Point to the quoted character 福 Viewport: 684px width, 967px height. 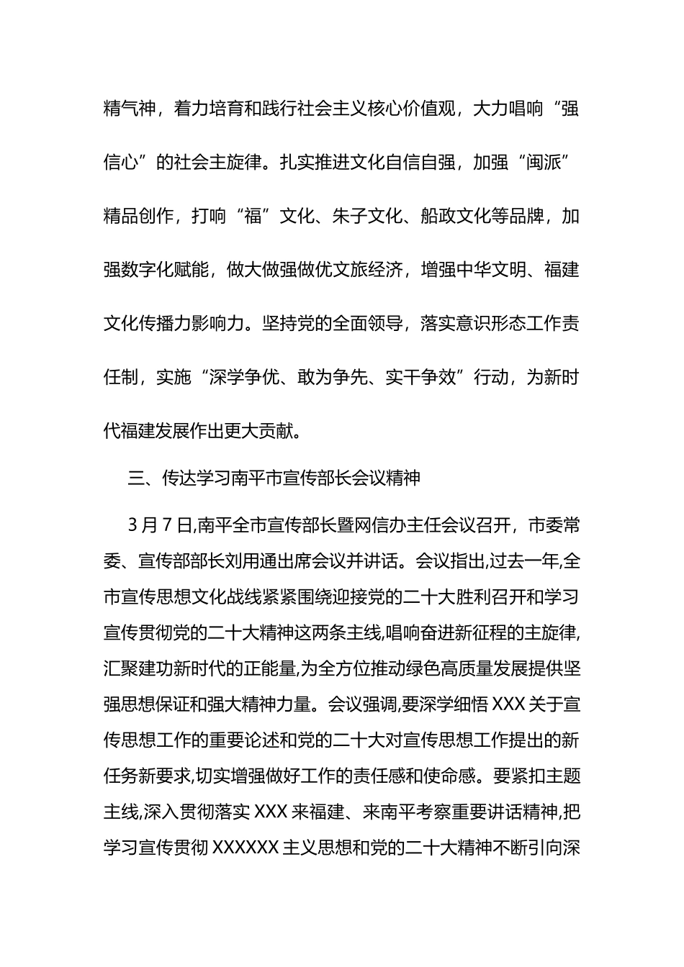pyautogui.click(x=253, y=217)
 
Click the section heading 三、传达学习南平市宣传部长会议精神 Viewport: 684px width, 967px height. pyautogui.click(x=274, y=478)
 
